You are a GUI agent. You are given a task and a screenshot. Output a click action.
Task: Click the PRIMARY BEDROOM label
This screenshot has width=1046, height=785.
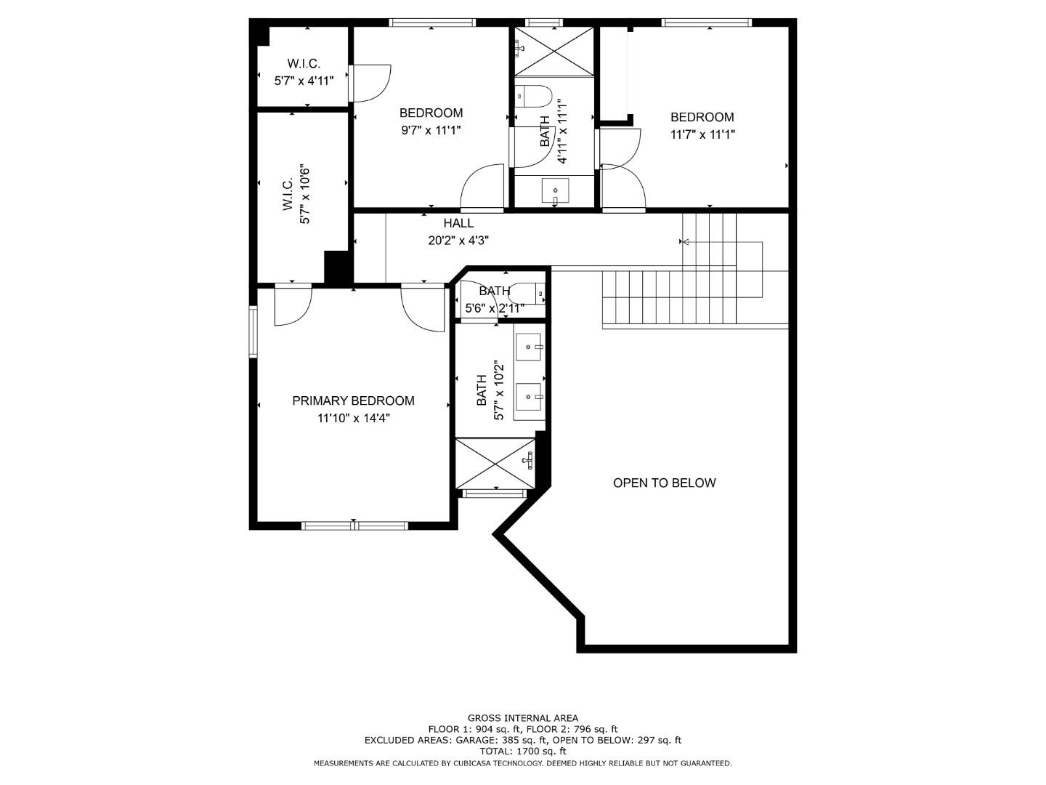353,400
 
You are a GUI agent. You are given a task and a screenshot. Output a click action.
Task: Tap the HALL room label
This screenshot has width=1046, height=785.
458,223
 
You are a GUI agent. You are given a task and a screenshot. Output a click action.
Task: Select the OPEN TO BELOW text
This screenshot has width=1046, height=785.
664,483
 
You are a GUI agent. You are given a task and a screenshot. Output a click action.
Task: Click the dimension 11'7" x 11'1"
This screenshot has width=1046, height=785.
702,134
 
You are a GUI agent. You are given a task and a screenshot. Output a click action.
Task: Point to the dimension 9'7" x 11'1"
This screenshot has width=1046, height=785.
431,130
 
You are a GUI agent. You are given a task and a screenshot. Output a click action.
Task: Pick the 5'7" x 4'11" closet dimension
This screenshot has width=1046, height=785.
304,81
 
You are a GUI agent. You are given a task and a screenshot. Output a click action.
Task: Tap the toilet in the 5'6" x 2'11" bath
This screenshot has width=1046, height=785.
528,293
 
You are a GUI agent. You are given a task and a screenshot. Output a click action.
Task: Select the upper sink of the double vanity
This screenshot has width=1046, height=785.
529,347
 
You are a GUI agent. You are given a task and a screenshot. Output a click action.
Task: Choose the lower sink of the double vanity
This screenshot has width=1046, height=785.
529,397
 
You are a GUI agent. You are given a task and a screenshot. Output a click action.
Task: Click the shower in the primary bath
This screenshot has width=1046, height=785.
495,463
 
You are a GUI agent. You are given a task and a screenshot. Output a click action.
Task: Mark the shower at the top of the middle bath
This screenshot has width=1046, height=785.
554,50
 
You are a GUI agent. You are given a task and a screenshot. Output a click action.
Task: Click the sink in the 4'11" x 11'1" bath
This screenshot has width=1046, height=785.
556,191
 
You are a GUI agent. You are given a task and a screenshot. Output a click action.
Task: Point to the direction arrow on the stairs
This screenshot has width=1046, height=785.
684,241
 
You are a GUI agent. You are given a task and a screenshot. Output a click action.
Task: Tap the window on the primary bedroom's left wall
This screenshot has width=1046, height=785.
254,331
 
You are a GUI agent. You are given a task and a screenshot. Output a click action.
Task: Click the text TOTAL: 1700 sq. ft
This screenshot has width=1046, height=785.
522,752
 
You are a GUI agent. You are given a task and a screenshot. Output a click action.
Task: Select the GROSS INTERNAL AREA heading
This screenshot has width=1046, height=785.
522,718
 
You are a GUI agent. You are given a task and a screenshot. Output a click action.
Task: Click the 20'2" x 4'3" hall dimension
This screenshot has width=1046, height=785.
458,241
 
